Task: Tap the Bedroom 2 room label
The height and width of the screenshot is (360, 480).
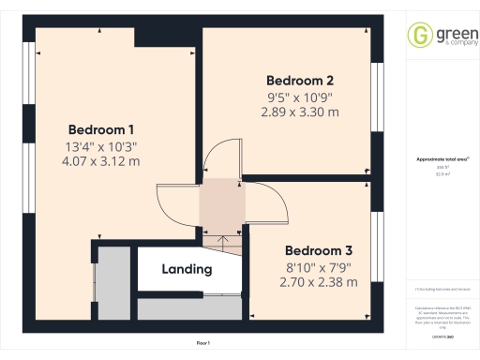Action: [x=300, y=80]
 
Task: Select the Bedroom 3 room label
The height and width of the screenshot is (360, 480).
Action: [x=319, y=250]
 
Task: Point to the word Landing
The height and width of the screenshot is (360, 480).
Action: [x=187, y=269]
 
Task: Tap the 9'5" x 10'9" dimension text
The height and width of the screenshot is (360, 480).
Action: [x=300, y=96]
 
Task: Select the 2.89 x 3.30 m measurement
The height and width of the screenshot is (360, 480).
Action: [x=300, y=112]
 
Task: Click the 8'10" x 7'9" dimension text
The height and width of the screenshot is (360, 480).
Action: [x=320, y=266]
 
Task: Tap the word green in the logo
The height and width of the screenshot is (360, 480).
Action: [x=448, y=31]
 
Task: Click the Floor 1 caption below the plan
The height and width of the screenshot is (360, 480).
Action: [x=202, y=344]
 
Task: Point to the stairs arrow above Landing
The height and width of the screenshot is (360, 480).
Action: [x=223, y=242]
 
